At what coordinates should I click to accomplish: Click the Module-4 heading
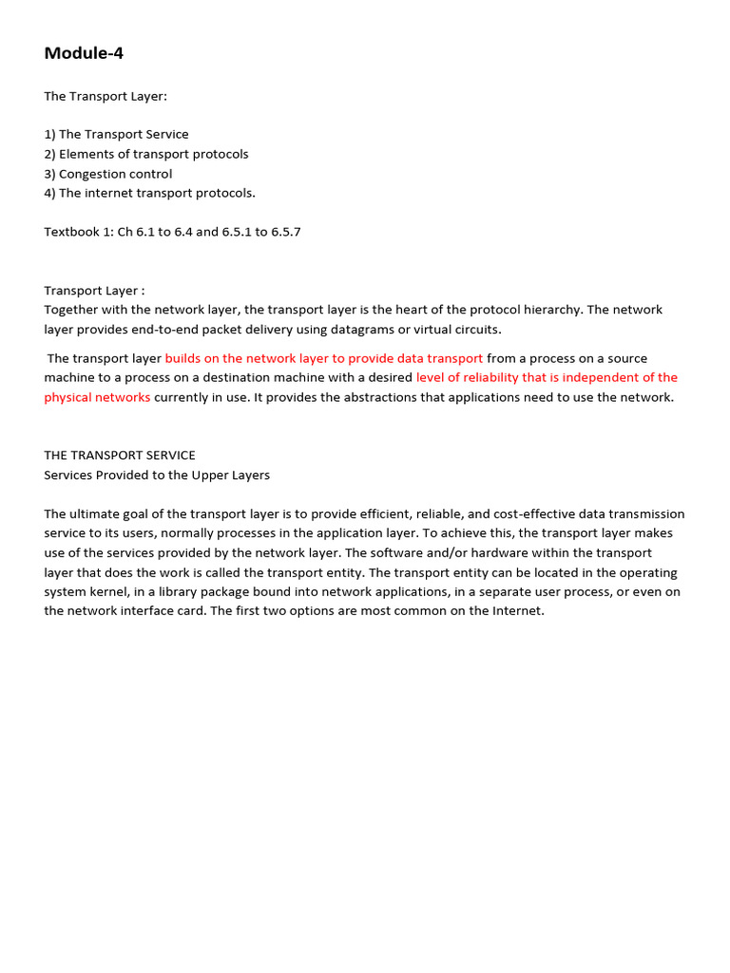click(84, 53)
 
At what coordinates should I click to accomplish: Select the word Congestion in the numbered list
click(91, 174)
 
